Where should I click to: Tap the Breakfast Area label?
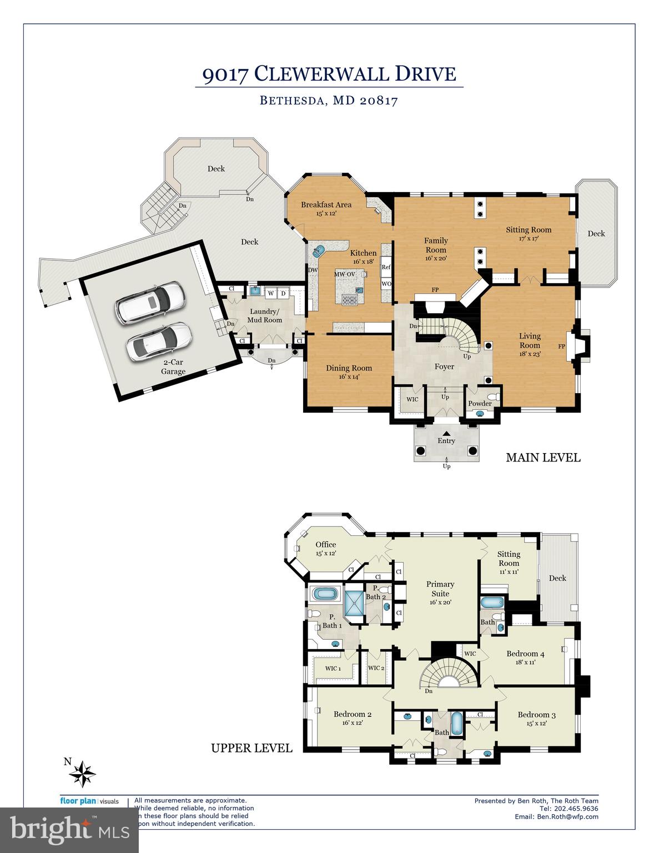[326, 205]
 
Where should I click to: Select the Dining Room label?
[349, 368]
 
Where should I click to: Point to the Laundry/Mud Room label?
[265, 315]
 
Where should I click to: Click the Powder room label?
[480, 403]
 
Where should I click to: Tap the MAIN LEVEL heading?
[543, 458]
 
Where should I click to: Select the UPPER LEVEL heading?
[251, 748]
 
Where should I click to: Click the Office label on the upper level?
[326, 545]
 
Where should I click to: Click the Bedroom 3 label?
[536, 715]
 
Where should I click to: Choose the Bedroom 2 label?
[352, 714]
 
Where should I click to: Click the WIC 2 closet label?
[376, 668]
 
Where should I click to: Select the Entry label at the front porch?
[446, 441]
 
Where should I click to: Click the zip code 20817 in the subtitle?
[379, 101]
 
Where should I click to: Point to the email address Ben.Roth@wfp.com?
[567, 816]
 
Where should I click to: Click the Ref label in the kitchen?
[386, 267]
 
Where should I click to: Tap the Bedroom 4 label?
[525, 654]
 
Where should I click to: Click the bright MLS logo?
[69, 830]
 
